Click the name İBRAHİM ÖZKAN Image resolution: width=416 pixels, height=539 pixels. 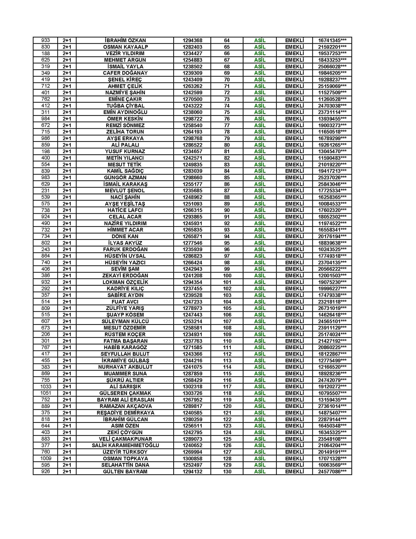pos(125,40)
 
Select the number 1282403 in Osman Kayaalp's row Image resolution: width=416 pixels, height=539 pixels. pos(192,47)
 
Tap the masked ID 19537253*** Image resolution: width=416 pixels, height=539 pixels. pos(332,53)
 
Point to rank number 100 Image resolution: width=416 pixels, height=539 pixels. pos(227,275)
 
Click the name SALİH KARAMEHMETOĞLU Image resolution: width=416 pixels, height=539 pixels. pos(125,445)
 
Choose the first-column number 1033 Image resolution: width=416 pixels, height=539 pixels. pos(45,387)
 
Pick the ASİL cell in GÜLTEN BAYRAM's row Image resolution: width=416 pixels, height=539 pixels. pos(260,471)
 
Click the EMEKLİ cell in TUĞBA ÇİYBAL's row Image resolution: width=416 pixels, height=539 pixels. pos(294,106)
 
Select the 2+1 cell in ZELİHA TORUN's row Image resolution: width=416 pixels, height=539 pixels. pos(67,132)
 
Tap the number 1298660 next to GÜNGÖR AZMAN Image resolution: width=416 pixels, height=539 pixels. pos(192,177)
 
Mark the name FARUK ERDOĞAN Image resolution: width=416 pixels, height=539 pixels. pos(125,249)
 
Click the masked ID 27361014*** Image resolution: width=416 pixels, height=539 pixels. pos(332,406)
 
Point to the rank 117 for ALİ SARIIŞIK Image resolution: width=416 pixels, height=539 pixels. pos(227,387)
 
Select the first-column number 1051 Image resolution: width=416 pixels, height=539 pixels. pos(45,393)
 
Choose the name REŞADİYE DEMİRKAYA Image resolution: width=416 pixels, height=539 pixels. pos(125,413)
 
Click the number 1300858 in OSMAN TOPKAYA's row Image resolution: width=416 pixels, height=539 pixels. pos(192,458)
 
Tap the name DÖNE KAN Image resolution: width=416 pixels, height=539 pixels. pos(125,236)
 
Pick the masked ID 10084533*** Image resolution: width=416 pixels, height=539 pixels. pos(332,204)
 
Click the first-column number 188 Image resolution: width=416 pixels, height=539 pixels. pos(45,53)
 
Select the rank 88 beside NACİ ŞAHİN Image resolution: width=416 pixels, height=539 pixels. pos(227,197)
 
